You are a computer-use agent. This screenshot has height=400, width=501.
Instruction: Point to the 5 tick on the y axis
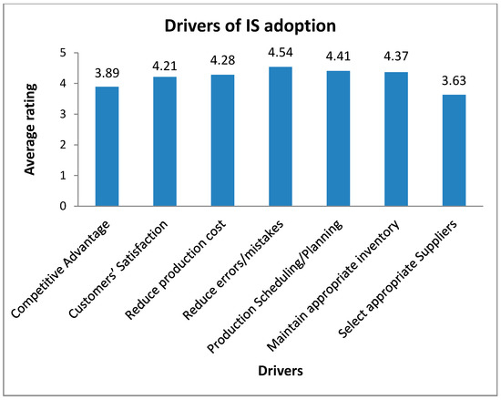(x=63, y=53)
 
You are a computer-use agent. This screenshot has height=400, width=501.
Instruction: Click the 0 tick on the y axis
(x=63, y=206)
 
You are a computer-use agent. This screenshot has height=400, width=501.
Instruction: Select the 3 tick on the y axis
(x=63, y=114)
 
